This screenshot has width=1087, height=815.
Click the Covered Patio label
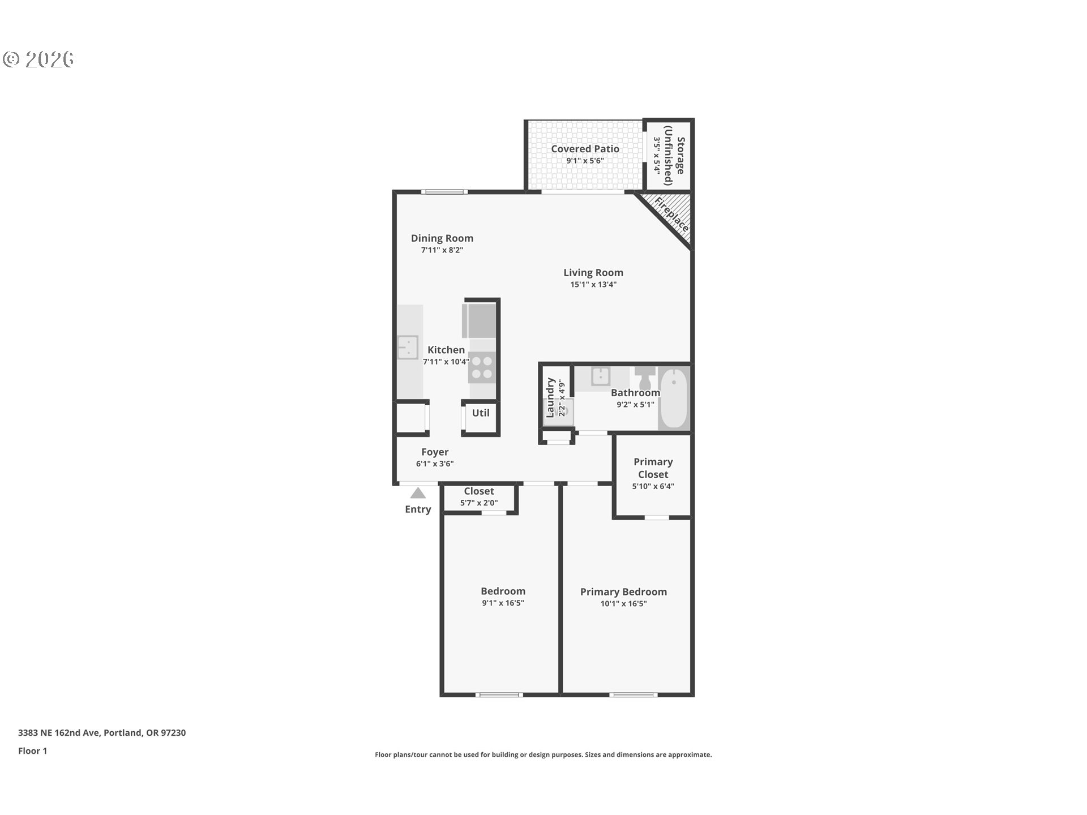click(x=585, y=149)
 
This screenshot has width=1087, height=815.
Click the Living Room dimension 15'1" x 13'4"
click(x=593, y=285)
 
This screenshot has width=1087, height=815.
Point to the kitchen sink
click(x=407, y=347)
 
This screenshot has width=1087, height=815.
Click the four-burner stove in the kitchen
click(x=482, y=367)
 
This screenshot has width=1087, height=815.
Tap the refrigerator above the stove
click(x=480, y=321)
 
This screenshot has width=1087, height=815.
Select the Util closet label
click(x=481, y=413)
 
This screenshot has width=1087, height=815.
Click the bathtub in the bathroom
click(x=674, y=398)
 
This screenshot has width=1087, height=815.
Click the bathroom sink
click(x=600, y=376)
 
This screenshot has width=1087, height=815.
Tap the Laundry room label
click(x=550, y=397)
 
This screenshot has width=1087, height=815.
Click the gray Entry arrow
click(x=418, y=493)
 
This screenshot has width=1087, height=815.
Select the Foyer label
click(x=435, y=452)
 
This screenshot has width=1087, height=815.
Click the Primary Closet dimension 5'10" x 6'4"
click(x=653, y=486)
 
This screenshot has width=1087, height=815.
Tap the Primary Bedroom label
click(x=623, y=592)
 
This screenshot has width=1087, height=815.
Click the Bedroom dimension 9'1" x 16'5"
click(x=503, y=603)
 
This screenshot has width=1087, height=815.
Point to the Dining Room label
click(x=442, y=238)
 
